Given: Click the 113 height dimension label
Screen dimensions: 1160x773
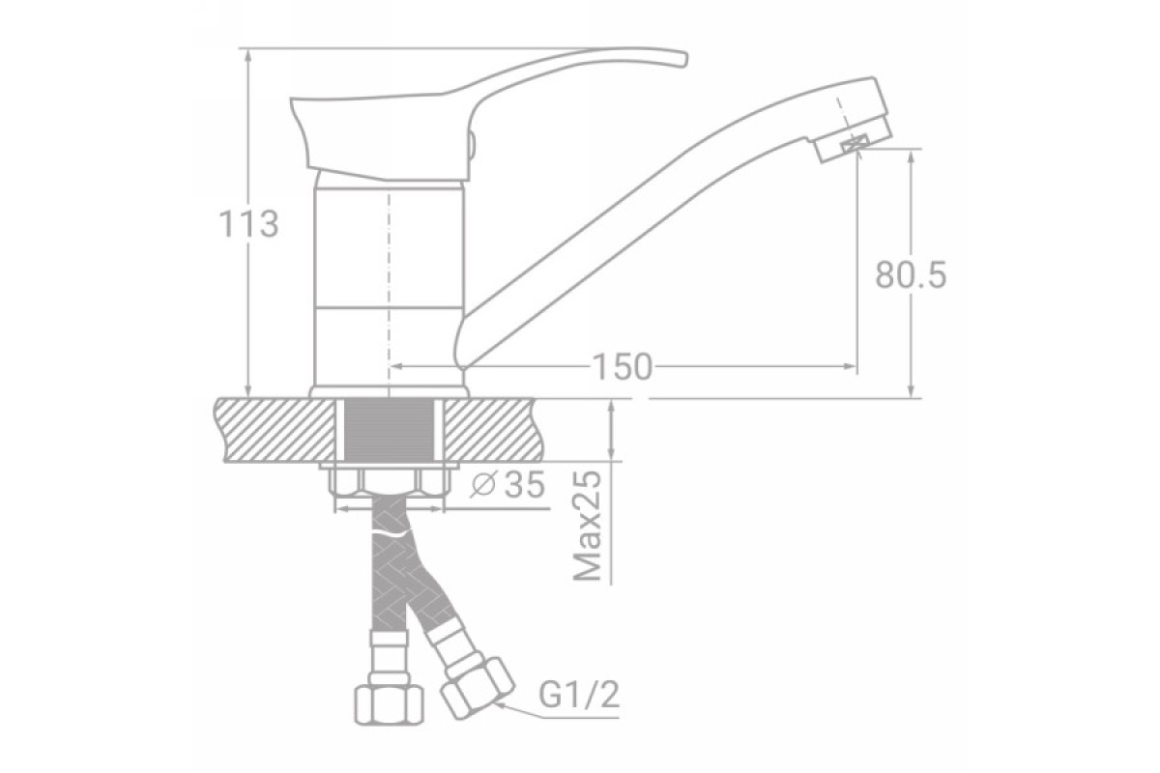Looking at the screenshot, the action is (248, 225).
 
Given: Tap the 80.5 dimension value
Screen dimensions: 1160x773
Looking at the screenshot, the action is (911, 274).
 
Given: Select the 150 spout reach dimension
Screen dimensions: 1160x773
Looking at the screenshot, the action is (622, 366).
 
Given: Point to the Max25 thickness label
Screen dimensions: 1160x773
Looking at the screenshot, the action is (588, 525).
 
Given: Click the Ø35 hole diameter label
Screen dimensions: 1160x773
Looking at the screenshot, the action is (508, 485).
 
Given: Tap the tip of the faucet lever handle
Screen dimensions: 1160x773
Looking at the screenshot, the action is (685, 60).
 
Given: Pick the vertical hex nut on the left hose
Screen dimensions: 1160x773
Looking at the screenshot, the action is (389, 704).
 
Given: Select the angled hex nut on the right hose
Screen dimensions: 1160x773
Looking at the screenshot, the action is (477, 688).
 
